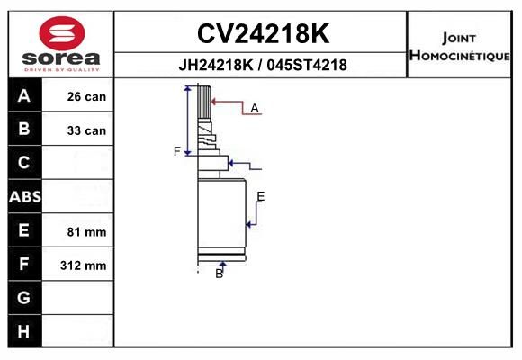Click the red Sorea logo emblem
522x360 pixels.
pos(62,33)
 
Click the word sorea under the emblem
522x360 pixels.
pos(61,58)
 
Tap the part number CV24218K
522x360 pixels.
pos(263,33)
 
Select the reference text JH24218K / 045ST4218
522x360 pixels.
pos(263,65)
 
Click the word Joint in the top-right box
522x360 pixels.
pos(459,39)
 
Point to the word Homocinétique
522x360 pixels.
pos(459,55)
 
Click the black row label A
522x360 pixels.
pos(24,95)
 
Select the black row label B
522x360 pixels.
pos(24,129)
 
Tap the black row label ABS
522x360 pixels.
pos(25,196)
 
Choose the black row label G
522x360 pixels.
pos(24,297)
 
